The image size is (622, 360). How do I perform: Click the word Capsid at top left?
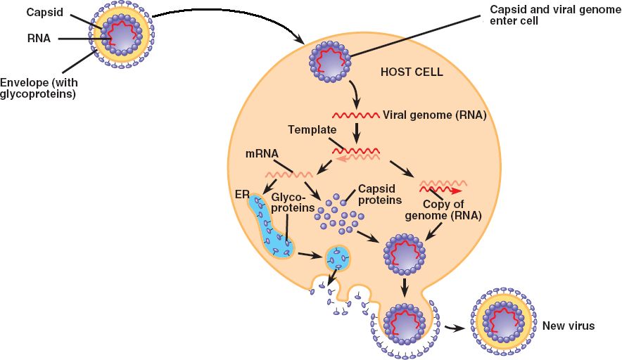pos(44,13)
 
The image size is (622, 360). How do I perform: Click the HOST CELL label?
pos(412,72)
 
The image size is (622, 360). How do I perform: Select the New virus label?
pos(569,326)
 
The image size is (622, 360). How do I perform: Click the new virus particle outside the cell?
pos(503,323)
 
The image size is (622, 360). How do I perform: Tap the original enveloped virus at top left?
pos(120,39)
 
